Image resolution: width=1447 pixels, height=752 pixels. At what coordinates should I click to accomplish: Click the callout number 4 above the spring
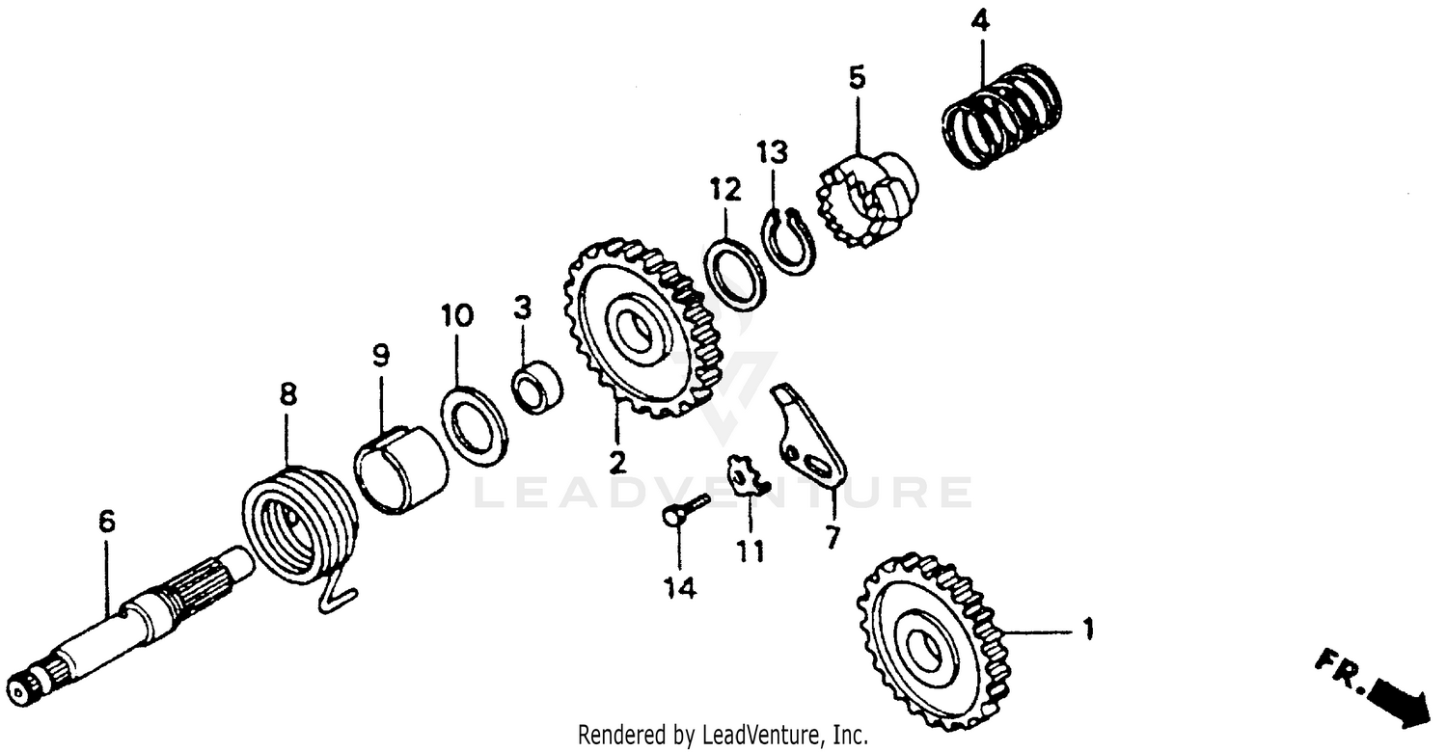click(980, 20)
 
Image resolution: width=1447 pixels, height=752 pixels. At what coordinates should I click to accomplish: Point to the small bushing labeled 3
click(535, 386)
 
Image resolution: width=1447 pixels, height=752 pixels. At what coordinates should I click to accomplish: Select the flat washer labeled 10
click(474, 424)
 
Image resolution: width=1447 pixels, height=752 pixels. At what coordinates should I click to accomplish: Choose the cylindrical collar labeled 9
click(402, 470)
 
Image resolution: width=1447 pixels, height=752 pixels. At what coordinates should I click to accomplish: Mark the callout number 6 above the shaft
click(106, 523)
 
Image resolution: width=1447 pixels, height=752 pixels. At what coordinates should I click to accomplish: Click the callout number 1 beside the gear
click(1087, 631)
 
